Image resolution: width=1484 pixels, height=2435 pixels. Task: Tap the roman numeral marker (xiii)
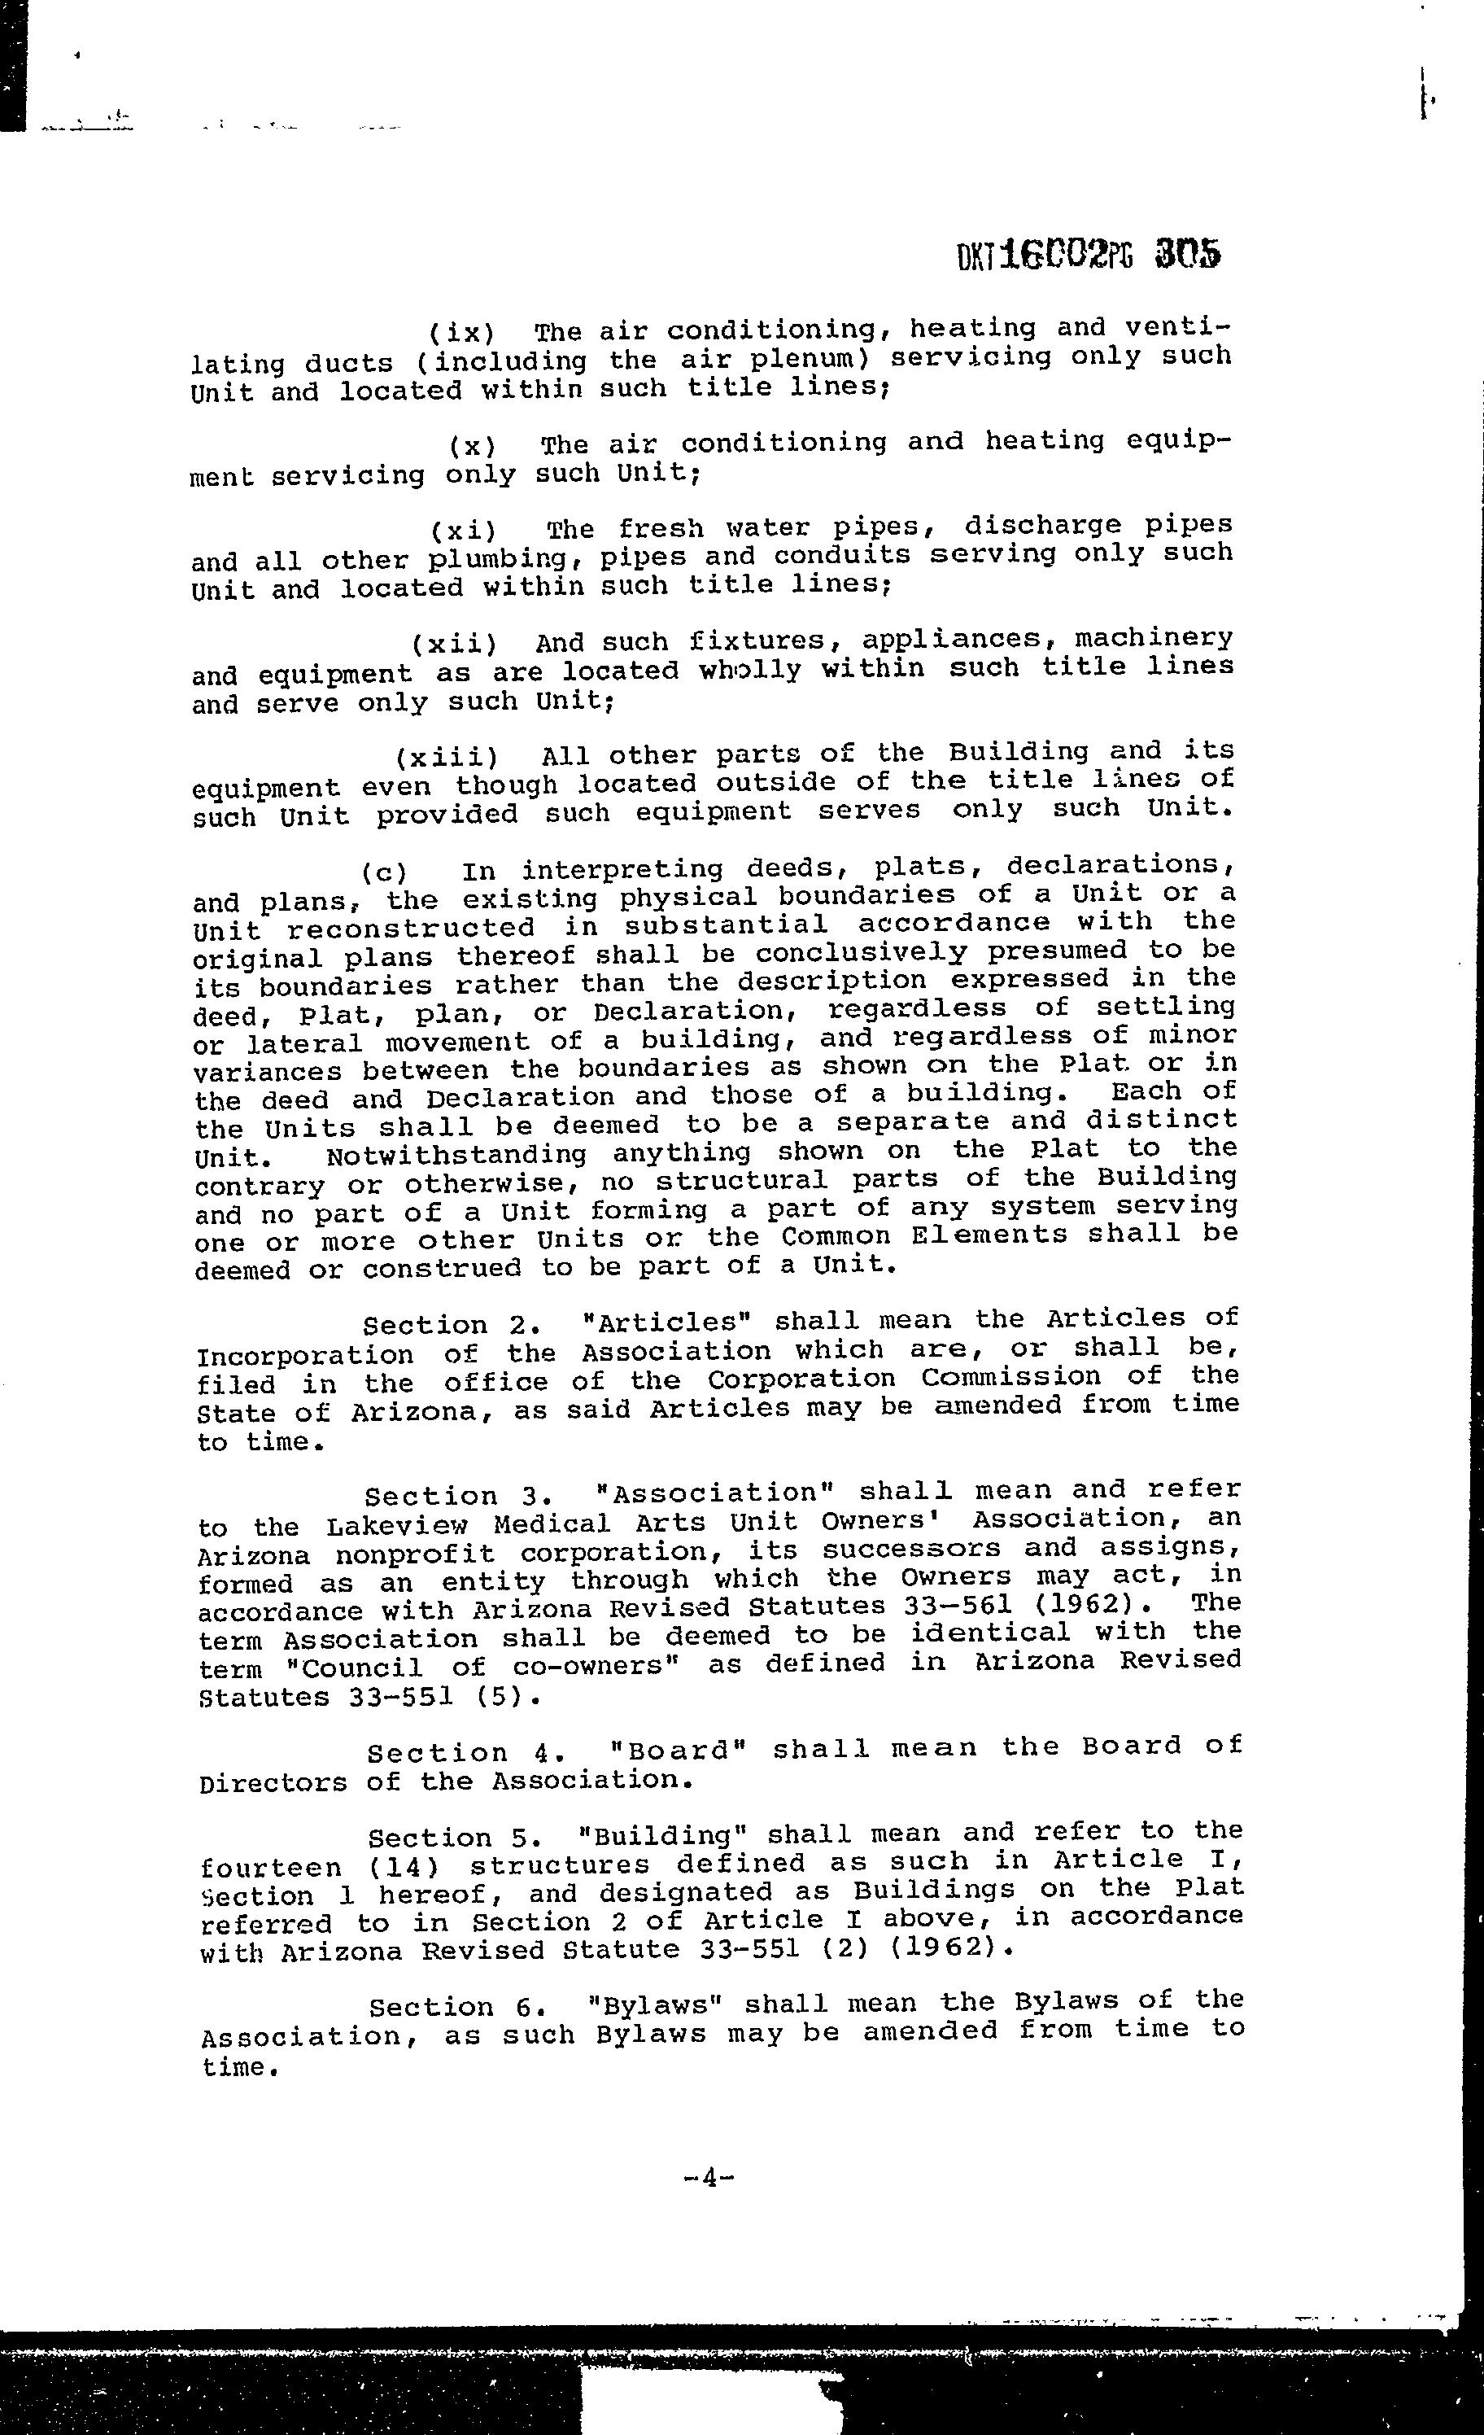point(447,758)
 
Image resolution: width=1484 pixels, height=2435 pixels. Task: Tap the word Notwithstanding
point(456,1154)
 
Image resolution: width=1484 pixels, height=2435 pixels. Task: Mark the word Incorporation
point(305,1355)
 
